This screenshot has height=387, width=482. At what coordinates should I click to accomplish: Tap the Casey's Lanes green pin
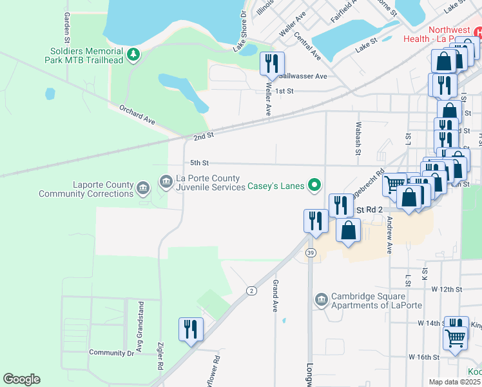[x=314, y=186]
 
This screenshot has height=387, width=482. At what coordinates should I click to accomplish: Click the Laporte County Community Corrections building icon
[x=142, y=189]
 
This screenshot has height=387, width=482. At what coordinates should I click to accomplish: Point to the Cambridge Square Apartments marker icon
[x=321, y=299]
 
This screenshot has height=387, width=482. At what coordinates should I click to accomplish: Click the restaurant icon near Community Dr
[x=191, y=330]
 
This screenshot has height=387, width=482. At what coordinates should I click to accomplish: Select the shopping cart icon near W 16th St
[x=456, y=337]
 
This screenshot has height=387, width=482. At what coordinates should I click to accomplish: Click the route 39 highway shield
[x=311, y=252]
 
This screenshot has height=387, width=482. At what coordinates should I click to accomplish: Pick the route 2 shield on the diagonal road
[x=251, y=291]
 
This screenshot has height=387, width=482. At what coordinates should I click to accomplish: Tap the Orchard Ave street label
[x=137, y=115]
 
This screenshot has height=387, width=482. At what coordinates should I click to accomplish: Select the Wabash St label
[x=358, y=139]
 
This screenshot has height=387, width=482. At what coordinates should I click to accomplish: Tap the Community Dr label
[x=111, y=352]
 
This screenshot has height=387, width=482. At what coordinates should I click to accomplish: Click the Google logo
[x=21, y=379]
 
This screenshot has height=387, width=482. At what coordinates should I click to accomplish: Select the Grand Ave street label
[x=275, y=293]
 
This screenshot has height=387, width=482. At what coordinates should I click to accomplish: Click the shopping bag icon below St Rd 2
[x=348, y=231]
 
